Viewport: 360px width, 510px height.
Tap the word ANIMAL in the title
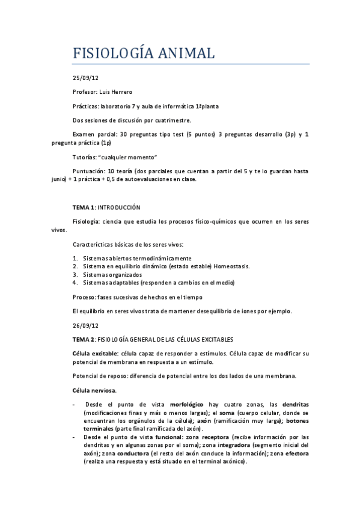(x=187, y=54)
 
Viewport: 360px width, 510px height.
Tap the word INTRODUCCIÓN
(x=118, y=207)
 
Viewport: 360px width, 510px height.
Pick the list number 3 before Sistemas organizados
(x=75, y=274)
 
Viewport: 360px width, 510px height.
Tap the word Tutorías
(x=85, y=157)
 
